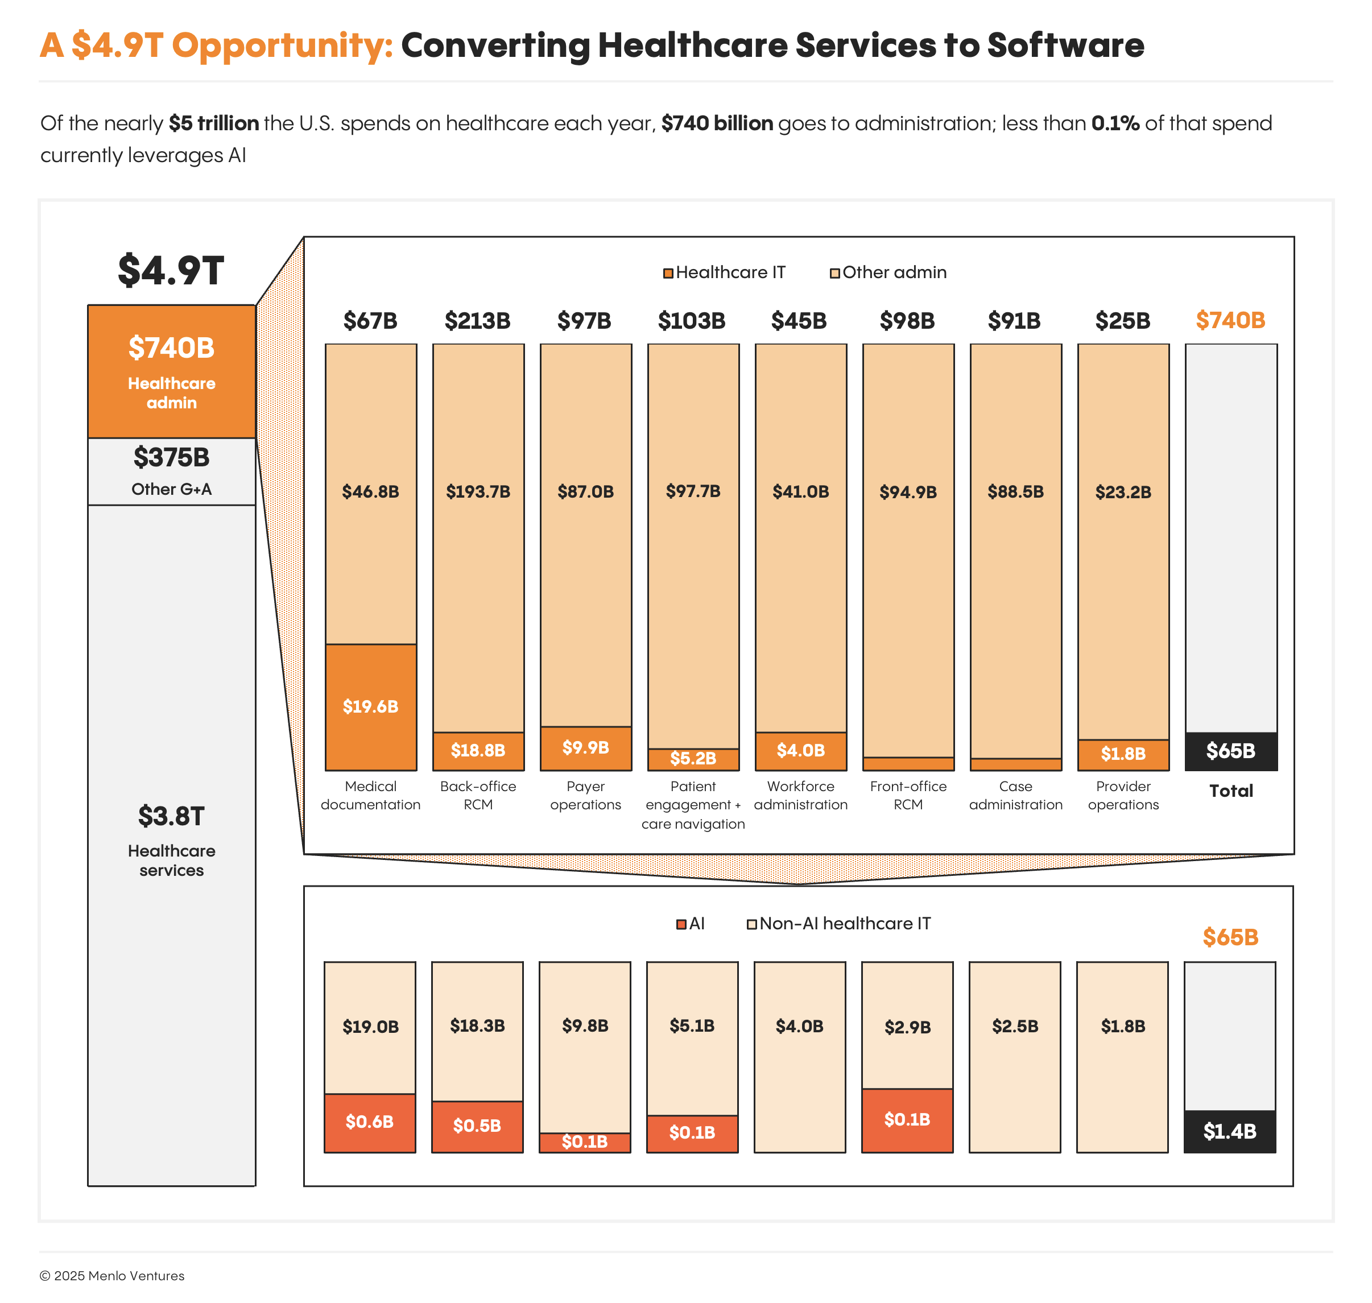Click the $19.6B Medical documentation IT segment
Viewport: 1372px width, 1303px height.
click(370, 706)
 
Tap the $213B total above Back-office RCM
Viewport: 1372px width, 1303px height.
click(477, 321)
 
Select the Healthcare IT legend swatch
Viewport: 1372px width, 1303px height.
click(668, 273)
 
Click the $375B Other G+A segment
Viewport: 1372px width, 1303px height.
click(172, 471)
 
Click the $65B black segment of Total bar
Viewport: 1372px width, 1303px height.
click(1230, 751)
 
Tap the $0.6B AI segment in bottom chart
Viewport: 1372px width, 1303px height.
click(370, 1122)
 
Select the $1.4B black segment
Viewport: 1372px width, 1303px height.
click(1230, 1131)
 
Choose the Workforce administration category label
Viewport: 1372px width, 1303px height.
click(800, 795)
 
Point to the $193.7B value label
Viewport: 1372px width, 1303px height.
click(478, 492)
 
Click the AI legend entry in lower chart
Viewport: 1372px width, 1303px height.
click(691, 924)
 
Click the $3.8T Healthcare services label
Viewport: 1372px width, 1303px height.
click(172, 841)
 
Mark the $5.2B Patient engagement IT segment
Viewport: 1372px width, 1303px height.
click(693, 759)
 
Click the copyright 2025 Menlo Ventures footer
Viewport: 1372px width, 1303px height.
click(112, 1275)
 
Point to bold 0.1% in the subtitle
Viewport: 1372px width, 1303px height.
click(1115, 123)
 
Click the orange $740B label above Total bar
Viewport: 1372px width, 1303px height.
click(1230, 320)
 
